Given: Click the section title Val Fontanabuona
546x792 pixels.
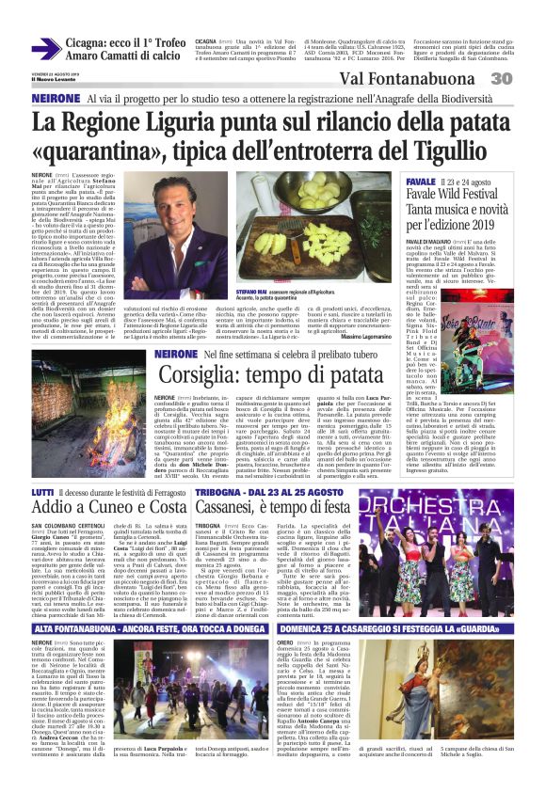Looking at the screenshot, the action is [x=405, y=79].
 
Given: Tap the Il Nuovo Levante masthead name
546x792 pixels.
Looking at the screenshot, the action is [x=53, y=83].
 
